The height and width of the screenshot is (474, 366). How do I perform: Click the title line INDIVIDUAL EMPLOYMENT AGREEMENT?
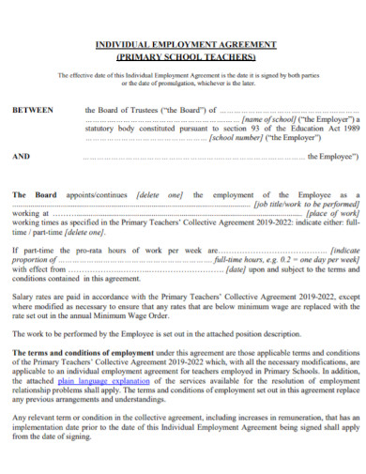click(185, 44)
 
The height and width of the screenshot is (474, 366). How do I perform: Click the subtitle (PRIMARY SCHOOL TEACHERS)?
click(185, 55)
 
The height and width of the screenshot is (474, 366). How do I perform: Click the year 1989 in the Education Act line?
click(350, 129)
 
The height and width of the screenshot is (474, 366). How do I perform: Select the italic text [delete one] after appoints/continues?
click(160, 194)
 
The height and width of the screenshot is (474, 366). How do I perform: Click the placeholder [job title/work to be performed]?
click(307, 204)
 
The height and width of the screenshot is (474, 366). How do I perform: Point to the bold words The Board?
click(34, 194)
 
